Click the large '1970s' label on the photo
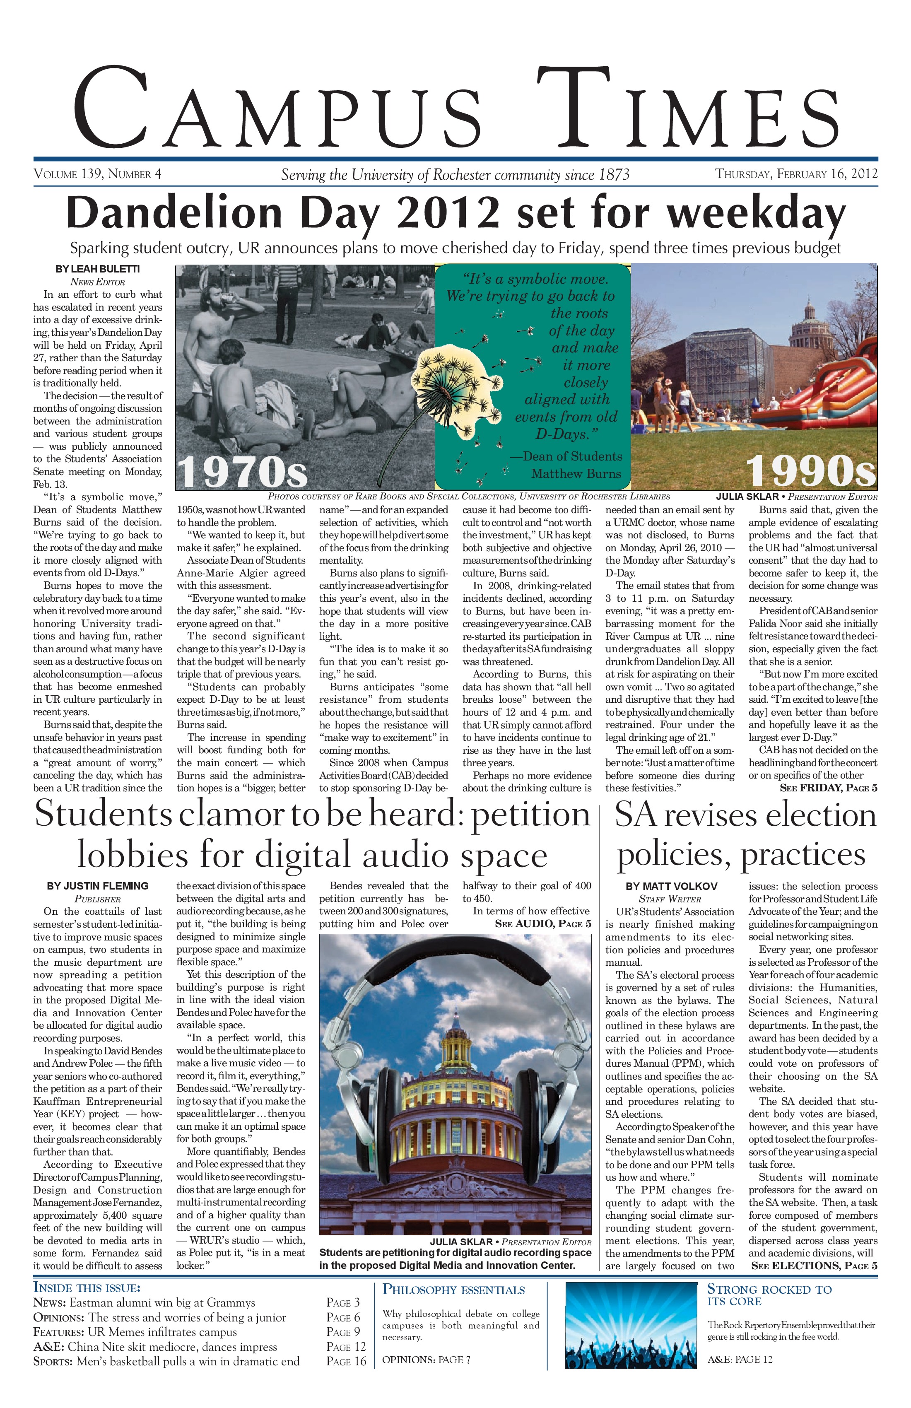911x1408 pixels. (243, 472)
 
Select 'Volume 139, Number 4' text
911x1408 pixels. (98, 174)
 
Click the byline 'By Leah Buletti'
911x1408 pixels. (98, 269)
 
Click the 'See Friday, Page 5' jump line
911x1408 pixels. (828, 788)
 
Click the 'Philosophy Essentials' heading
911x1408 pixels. (454, 1290)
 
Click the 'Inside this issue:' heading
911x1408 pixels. (87, 1288)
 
